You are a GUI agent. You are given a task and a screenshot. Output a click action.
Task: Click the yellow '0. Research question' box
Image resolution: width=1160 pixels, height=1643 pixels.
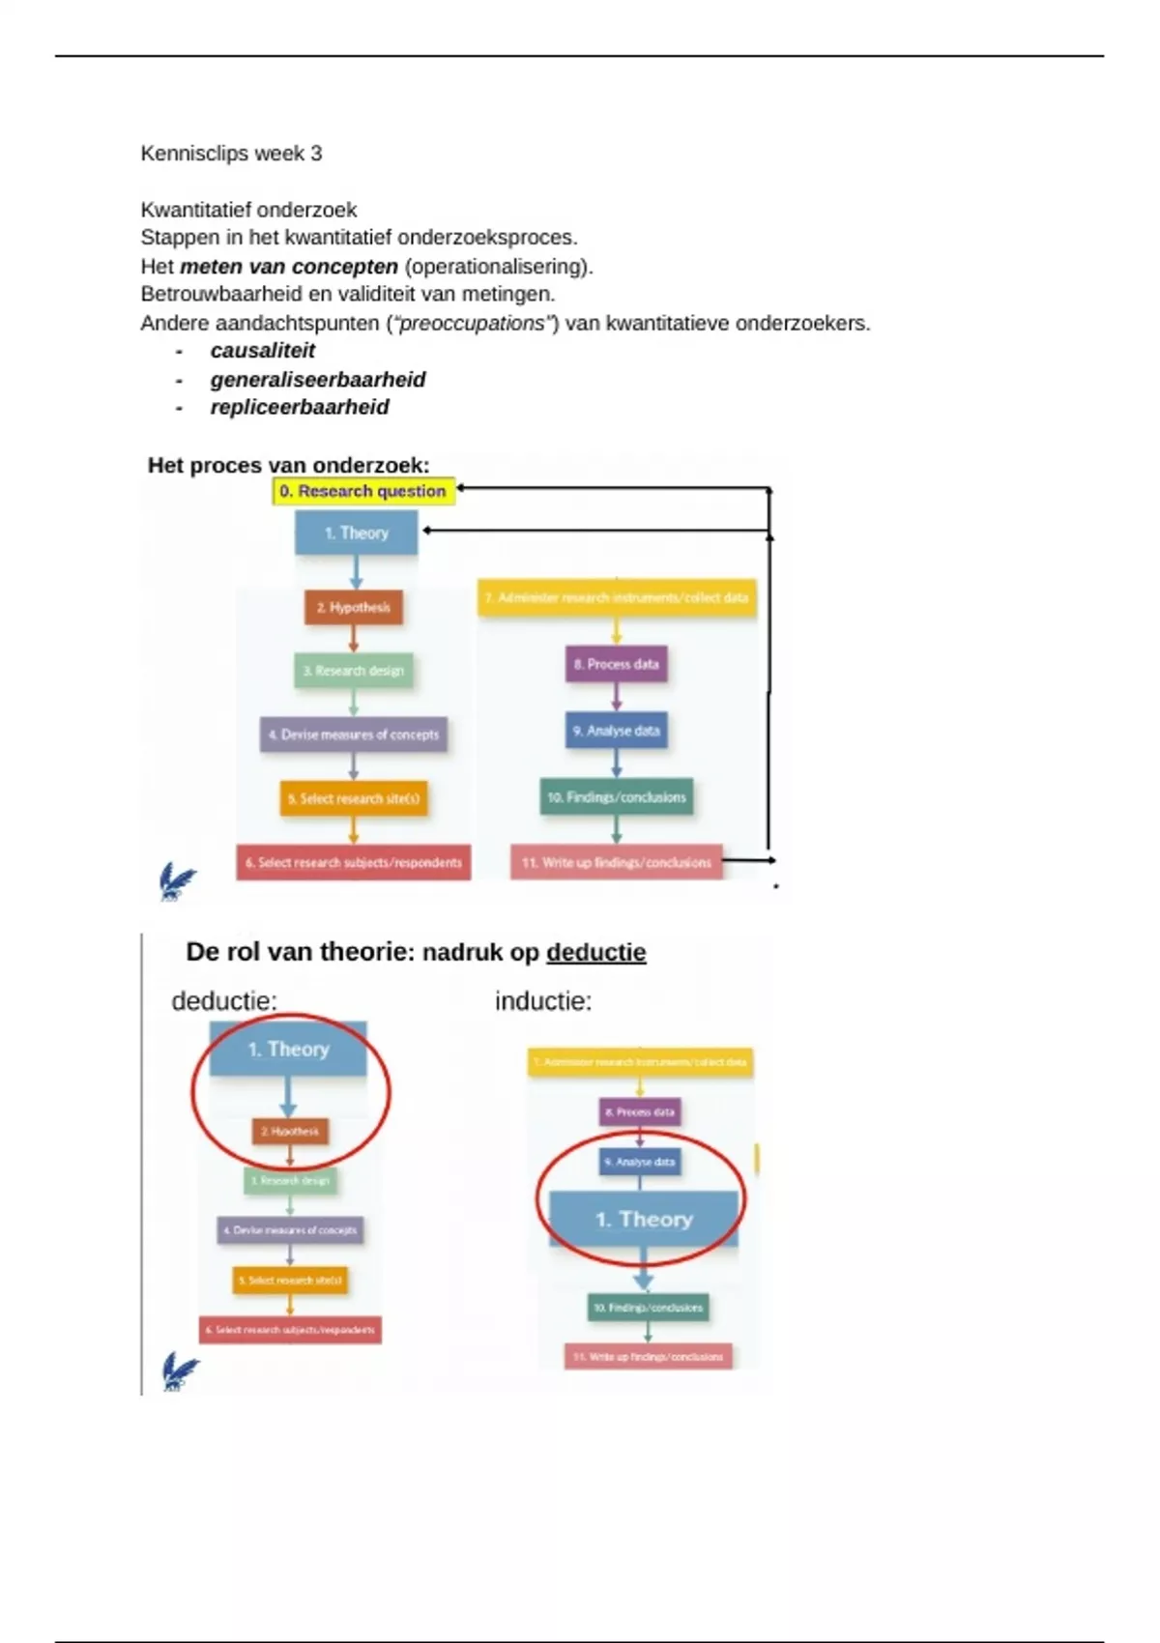point(362,491)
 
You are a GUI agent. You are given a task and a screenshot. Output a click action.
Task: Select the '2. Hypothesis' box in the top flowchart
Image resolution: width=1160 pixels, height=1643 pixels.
point(353,608)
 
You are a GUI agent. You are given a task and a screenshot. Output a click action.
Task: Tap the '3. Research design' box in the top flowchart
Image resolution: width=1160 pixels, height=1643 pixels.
point(354,671)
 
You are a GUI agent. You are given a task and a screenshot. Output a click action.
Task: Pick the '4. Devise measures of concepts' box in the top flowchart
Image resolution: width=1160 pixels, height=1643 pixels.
point(354,735)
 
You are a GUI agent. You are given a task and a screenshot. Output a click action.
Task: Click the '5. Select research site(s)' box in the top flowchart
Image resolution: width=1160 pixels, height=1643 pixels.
point(354,799)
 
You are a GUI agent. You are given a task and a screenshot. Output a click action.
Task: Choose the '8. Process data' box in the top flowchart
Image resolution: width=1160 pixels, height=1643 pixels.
point(616,665)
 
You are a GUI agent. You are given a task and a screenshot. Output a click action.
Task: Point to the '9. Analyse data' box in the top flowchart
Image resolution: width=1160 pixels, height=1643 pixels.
point(616,731)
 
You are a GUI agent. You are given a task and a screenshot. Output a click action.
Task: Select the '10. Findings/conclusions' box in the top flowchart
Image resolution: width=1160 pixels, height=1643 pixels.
point(617,797)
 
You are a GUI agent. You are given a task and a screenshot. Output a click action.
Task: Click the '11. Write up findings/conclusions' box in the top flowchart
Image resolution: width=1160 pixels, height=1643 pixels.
point(617,862)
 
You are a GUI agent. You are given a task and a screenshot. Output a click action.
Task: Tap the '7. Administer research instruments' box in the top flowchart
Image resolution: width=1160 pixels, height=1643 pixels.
point(617,598)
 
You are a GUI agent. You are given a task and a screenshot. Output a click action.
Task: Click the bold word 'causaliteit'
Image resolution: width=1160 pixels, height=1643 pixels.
point(263,351)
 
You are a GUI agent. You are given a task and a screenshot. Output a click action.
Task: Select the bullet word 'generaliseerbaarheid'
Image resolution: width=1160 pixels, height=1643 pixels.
point(318,380)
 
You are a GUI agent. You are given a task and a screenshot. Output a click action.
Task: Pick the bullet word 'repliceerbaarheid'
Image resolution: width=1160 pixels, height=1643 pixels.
point(300,408)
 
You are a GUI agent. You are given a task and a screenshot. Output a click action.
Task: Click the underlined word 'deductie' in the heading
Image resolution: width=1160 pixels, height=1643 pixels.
point(595,953)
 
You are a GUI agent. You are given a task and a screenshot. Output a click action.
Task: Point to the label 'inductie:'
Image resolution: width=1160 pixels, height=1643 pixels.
point(543,1001)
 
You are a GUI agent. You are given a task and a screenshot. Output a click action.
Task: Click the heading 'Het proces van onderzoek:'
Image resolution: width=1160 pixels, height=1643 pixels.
point(288,466)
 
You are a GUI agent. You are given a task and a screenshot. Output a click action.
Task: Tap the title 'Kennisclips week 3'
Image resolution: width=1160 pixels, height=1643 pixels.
point(231,154)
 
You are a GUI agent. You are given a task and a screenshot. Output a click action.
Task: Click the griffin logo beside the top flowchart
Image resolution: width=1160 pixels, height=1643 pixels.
point(177,882)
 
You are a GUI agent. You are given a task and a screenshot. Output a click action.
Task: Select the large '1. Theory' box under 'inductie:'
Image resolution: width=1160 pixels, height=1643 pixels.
point(644,1220)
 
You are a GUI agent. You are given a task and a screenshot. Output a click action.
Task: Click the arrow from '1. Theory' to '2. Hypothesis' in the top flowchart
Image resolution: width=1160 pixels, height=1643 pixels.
point(356,572)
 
